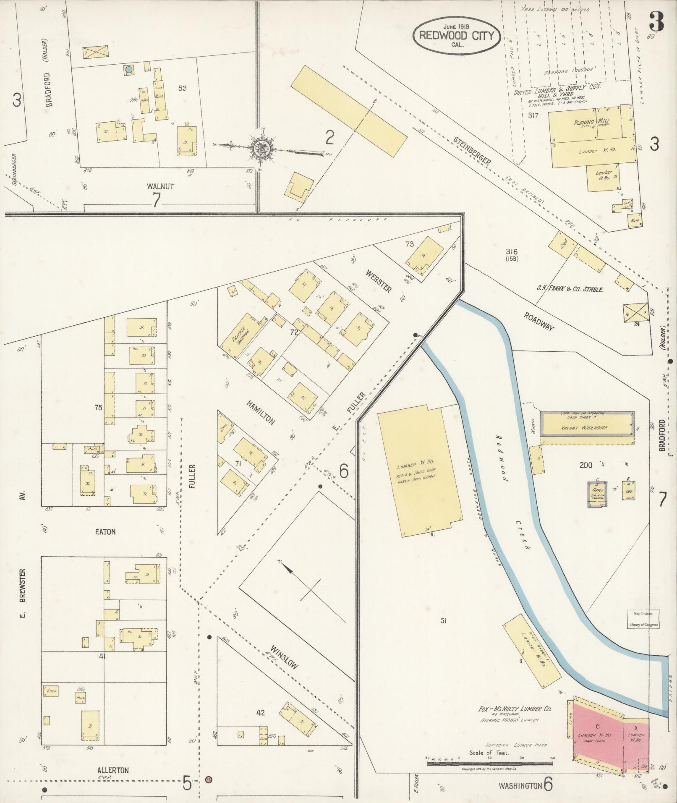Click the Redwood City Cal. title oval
tap(456, 36)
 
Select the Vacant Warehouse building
tap(586, 428)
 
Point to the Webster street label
tap(378, 281)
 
